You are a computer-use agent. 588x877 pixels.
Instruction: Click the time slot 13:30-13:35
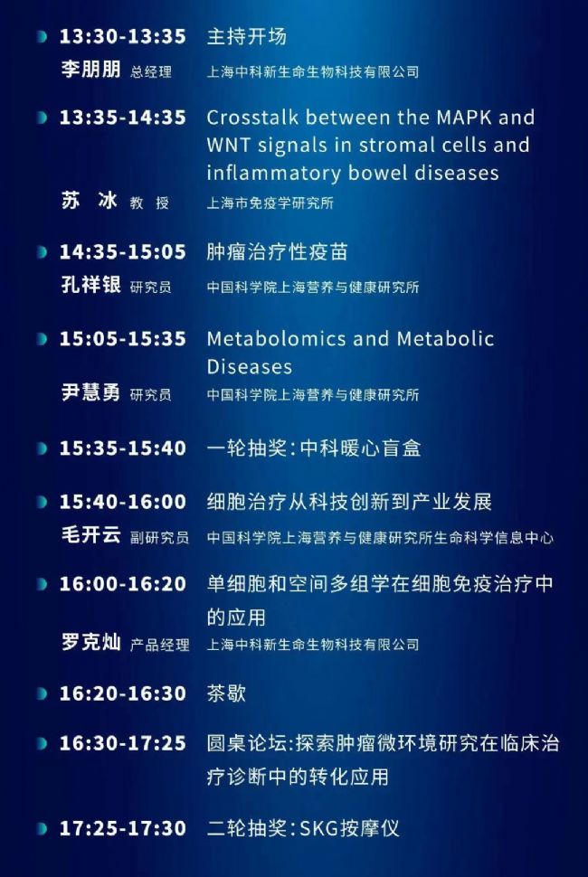[122, 36]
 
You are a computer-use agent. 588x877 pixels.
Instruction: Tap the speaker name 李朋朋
[90, 70]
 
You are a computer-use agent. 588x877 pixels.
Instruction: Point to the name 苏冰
[90, 200]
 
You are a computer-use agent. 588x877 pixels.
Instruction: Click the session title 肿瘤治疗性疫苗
[277, 251]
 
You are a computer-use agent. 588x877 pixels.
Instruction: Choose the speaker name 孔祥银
[90, 285]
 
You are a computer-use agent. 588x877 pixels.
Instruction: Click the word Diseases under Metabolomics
[250, 367]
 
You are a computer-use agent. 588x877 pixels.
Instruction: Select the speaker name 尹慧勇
[90, 392]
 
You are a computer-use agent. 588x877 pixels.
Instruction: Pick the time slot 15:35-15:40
[122, 448]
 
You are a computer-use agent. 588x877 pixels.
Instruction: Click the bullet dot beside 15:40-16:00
[42, 503]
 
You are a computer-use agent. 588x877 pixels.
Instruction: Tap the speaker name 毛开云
[90, 535]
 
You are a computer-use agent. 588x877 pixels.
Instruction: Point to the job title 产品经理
[159, 645]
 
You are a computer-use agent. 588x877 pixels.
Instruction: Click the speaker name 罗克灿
[90, 642]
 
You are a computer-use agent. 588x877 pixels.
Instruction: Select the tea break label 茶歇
[226, 693]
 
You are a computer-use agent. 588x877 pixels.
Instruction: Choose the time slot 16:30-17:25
[122, 743]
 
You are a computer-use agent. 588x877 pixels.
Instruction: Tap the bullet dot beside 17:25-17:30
[42, 829]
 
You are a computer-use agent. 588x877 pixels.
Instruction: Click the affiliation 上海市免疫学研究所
[270, 203]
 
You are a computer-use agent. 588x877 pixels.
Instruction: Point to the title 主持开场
[247, 36]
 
